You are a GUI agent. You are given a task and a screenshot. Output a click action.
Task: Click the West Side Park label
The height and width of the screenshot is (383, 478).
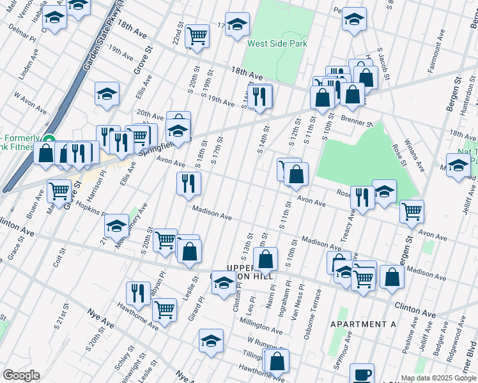click(x=277, y=43)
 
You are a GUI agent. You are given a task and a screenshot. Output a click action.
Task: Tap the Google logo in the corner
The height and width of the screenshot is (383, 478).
click(x=21, y=375)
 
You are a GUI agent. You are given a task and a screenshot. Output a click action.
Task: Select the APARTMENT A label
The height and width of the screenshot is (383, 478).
click(x=363, y=324)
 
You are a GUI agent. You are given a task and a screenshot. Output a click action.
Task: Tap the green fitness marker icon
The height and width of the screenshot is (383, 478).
click(x=48, y=139)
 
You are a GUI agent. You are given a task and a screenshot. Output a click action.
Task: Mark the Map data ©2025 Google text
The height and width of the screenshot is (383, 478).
click(x=438, y=378)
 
